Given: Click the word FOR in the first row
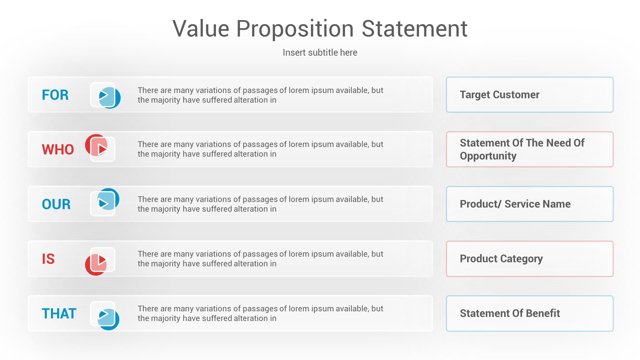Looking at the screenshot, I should point(55,95).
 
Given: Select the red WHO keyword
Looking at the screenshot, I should point(58,150).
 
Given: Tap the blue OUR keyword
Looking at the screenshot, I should point(56,204).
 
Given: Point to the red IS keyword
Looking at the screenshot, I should point(48,259).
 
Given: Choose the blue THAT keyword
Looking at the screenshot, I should point(59,314).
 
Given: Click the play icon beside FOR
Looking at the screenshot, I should point(104,95).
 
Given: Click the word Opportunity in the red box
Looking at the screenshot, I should point(488,156).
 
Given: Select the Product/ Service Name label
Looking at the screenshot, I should point(515,204).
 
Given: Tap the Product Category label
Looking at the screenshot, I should point(501,259).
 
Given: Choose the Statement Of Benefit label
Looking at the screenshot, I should point(510,313).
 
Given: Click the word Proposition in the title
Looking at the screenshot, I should point(295,29).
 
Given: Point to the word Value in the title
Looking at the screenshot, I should point(201,29).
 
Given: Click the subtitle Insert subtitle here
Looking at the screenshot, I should point(320,53).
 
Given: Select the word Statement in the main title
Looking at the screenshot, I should point(414,29).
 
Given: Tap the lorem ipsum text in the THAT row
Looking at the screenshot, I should point(260,313).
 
